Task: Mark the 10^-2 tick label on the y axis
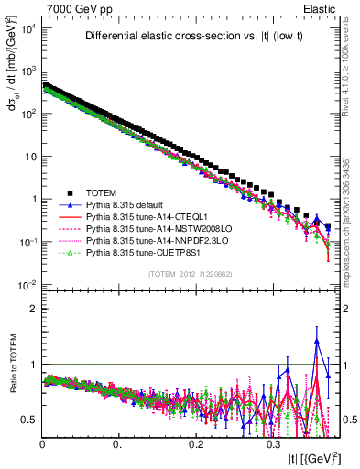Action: [x=27, y=285]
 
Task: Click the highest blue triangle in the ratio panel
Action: [x=317, y=341]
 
